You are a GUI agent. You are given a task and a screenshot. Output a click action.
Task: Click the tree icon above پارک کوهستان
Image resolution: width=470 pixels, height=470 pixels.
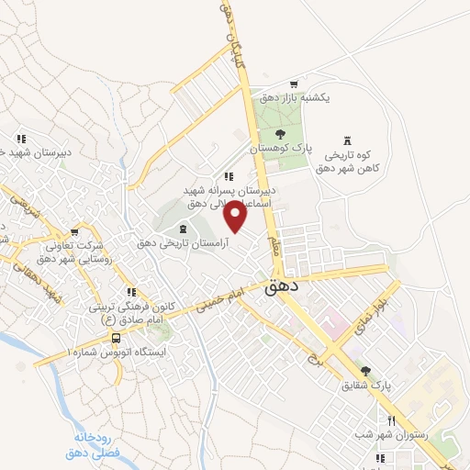[280, 135]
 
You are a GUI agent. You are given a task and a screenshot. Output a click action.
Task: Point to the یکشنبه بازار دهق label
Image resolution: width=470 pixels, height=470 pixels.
[295, 96]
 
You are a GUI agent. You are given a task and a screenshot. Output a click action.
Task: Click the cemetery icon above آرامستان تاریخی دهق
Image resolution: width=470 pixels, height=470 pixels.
[182, 229]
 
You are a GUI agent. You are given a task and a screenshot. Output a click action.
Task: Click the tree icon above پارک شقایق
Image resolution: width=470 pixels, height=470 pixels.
[366, 371]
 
